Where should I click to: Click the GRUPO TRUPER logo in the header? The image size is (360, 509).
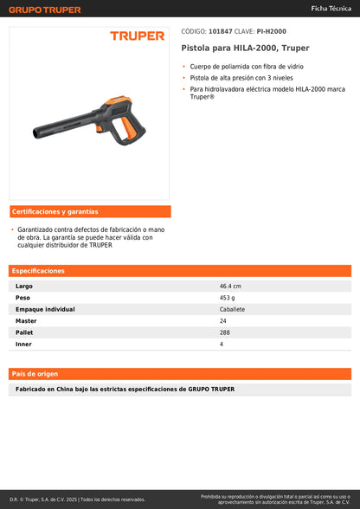tap(45, 10)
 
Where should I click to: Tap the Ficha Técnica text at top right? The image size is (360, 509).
tap(331, 7)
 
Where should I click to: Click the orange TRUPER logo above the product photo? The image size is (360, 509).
tap(137, 36)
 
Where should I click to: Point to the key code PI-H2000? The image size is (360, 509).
tap(272, 32)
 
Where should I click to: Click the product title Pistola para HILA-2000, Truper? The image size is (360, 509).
tap(245, 48)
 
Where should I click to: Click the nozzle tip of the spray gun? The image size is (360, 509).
tap(35, 135)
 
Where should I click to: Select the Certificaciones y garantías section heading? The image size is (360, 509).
tap(55, 211)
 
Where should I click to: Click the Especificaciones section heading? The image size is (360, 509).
tap(39, 271)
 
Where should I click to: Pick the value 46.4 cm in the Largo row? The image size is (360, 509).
tap(230, 286)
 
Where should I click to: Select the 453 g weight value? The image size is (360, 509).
tap(228, 297)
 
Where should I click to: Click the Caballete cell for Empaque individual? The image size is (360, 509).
tap(232, 309)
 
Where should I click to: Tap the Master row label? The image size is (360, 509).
tap(26, 320)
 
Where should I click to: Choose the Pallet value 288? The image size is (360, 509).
tap(225, 332)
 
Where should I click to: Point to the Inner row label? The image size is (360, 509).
tap(23, 344)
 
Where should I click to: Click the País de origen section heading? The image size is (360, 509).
tap(35, 374)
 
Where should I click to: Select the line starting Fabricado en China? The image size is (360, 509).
tap(125, 389)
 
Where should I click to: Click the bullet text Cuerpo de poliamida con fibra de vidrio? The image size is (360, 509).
tap(244, 67)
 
